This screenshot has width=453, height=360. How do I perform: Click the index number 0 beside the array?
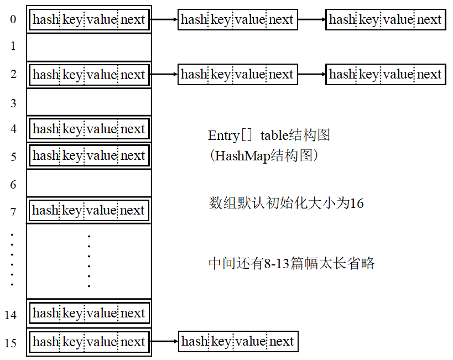(x=13, y=20)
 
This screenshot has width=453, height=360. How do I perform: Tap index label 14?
(x=11, y=315)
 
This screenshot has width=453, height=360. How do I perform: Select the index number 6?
(x=13, y=185)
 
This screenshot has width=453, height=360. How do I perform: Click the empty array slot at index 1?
(x=88, y=47)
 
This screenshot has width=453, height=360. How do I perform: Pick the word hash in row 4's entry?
(x=45, y=129)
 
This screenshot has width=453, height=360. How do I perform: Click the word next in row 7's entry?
(x=132, y=210)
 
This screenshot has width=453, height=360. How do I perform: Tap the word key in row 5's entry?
(x=72, y=156)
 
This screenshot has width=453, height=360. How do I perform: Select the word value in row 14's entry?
(x=102, y=313)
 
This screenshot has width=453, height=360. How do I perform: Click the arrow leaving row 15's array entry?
(x=164, y=342)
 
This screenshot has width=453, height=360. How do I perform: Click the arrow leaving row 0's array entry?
(x=164, y=19)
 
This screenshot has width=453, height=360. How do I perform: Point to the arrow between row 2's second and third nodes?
(x=312, y=74)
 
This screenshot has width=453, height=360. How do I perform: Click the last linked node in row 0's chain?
(x=386, y=19)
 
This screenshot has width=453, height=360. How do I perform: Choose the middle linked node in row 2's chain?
(x=238, y=74)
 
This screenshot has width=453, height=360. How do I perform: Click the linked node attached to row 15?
(x=238, y=342)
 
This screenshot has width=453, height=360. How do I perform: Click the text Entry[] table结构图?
(x=269, y=135)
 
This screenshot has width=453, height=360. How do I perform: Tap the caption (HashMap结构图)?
(x=264, y=156)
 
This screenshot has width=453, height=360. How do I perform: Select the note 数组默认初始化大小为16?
(x=286, y=203)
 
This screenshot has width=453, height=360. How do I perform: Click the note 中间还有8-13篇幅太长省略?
(x=291, y=263)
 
